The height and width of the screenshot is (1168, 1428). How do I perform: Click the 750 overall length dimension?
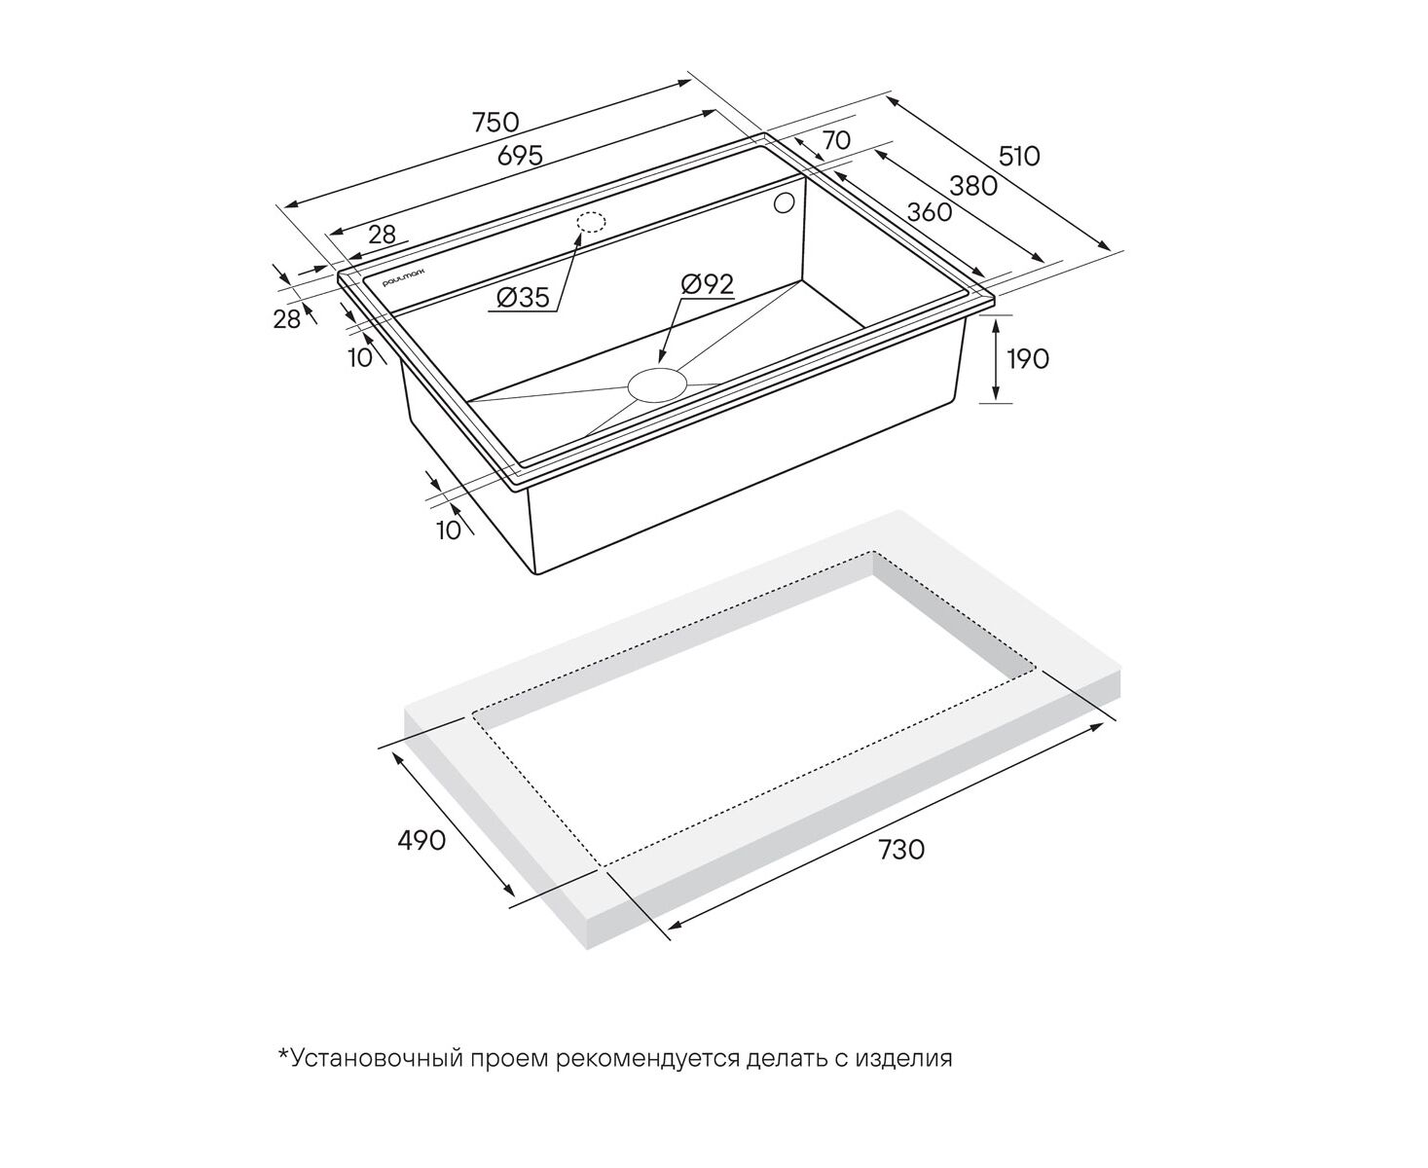495,123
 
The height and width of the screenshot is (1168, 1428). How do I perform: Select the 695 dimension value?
520,156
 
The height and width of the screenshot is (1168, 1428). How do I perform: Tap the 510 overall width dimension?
1018,157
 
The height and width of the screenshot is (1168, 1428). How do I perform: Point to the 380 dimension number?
973,186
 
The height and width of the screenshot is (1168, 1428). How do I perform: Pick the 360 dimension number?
930,212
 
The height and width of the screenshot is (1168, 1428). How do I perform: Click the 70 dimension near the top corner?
836,140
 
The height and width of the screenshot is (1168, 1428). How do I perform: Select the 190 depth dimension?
1028,359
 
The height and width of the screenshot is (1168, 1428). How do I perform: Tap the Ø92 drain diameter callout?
708,284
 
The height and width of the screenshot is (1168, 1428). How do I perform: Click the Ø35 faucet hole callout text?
523,297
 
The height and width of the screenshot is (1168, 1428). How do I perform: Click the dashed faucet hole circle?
590,222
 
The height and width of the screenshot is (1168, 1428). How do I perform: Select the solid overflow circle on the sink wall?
784,203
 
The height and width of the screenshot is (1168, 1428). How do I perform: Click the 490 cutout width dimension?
421,840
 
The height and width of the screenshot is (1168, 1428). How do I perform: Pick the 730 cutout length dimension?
901,849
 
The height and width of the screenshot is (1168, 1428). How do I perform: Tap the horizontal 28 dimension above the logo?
382,235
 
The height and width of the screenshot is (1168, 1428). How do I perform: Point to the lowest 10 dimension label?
448,530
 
